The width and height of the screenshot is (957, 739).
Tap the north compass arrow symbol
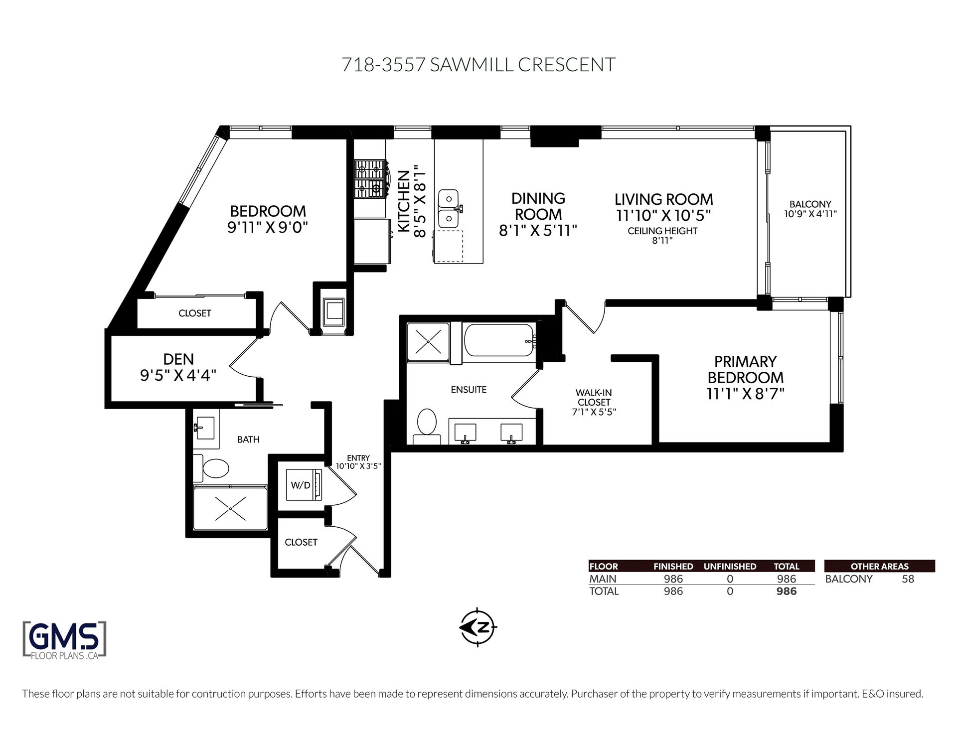click(x=478, y=627)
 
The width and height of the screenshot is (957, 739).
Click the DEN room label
click(x=178, y=359)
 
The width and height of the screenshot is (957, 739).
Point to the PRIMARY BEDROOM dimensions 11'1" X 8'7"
click(x=745, y=394)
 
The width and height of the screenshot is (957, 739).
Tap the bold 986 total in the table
click(x=787, y=591)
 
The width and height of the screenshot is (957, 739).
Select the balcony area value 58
click(x=908, y=579)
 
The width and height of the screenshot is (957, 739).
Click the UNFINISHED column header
click(x=730, y=567)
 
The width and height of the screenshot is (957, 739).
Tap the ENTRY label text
click(x=358, y=458)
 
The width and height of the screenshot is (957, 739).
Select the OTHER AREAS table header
click(x=880, y=566)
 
